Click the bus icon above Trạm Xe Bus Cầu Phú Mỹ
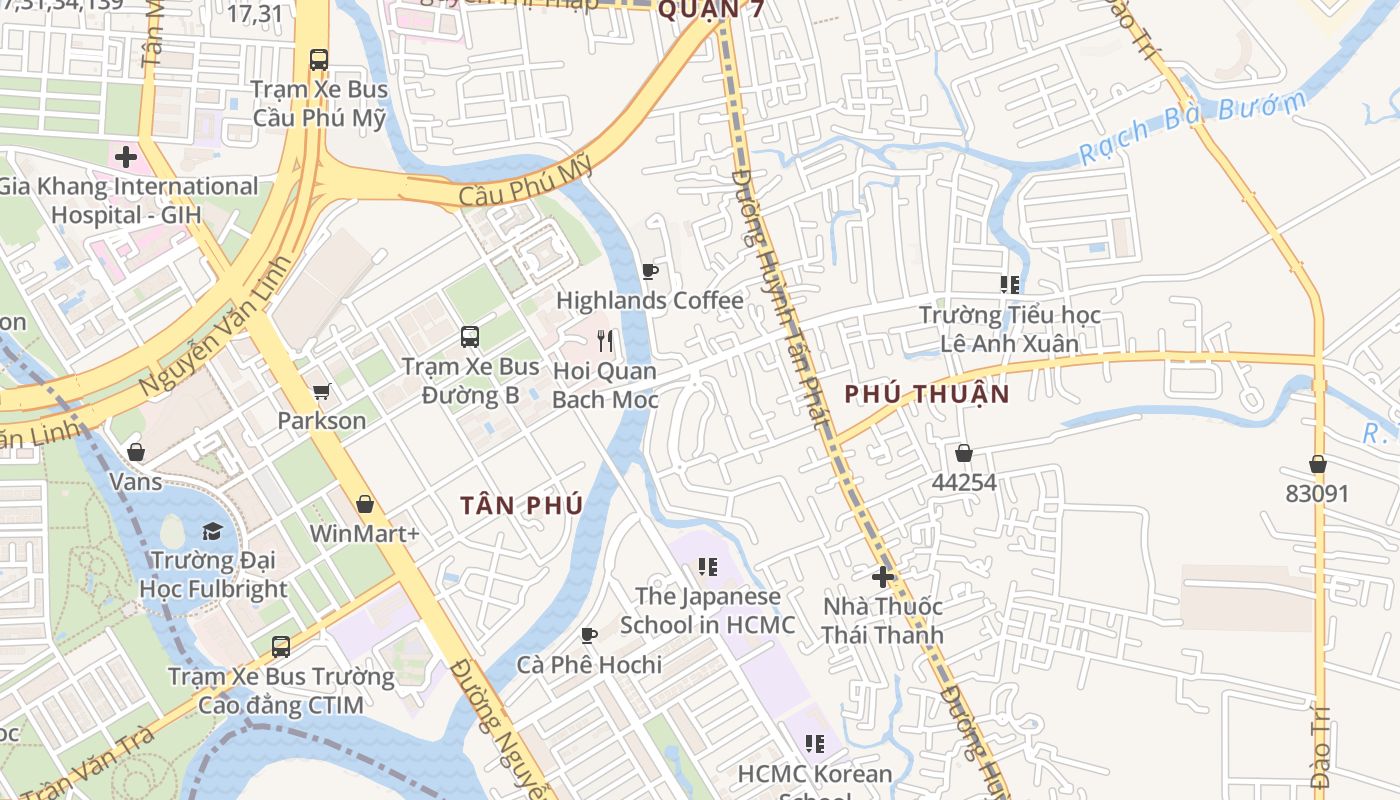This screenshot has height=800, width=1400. [319, 60]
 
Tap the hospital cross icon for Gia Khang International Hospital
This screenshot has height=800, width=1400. [126, 157]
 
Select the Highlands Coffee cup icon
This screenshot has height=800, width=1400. [649, 271]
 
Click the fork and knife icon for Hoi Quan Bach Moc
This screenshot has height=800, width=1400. [605, 341]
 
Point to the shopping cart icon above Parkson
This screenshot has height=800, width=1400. [321, 391]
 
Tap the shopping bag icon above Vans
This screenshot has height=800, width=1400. [136, 452]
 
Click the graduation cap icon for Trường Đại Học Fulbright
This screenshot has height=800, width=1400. [212, 530]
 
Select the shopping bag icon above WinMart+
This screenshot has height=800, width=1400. [365, 504]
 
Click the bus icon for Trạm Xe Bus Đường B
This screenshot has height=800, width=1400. [470, 337]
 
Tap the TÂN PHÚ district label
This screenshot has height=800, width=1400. [522, 506]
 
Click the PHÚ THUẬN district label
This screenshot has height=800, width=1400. [927, 394]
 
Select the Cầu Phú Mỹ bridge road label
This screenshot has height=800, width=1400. [526, 184]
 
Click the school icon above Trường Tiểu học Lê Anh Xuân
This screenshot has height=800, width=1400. [1010, 285]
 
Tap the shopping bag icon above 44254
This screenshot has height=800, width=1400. [964, 453]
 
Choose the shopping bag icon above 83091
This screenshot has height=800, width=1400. [1318, 464]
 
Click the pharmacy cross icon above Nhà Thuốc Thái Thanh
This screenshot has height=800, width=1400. [882, 577]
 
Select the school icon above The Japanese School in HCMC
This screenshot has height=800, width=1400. [708, 567]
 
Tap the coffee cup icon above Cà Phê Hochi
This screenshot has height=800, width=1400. [589, 635]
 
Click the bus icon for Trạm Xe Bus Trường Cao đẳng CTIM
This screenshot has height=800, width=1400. [281, 647]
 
